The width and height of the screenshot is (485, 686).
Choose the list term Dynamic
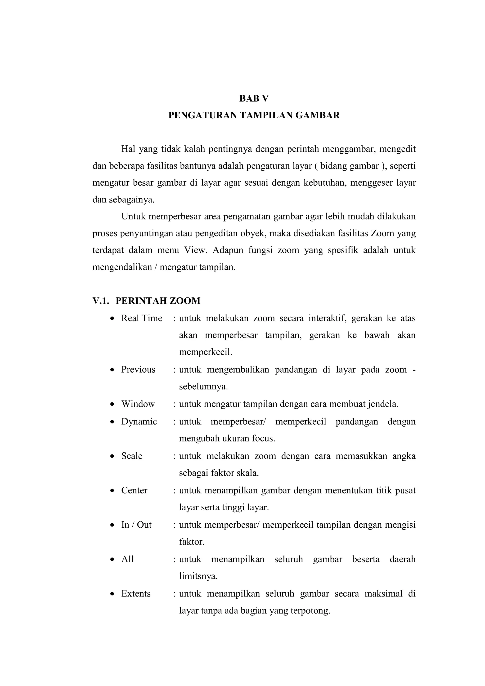139,421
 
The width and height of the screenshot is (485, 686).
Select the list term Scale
131,456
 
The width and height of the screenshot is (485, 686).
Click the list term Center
134,490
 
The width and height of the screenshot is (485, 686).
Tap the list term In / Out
136,525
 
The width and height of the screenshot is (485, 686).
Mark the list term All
127,559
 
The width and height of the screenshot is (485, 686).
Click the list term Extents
136,593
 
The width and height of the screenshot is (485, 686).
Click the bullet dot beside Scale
112,456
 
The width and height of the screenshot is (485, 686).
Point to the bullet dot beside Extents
112,594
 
